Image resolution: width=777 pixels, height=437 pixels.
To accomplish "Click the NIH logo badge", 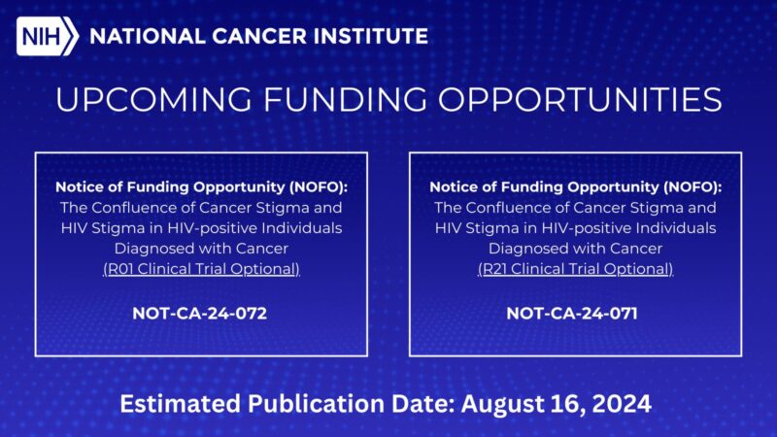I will pyautogui.click(x=47, y=37).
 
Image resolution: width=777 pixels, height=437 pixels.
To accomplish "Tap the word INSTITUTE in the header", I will pyautogui.click(x=374, y=37).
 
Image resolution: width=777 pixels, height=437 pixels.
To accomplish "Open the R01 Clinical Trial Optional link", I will pyautogui.click(x=201, y=268).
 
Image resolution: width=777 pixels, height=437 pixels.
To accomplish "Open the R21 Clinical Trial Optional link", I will pyautogui.click(x=575, y=268).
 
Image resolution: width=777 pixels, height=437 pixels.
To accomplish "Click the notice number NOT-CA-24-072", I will pyautogui.click(x=200, y=314).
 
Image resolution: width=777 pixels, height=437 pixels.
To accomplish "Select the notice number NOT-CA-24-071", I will pyautogui.click(x=574, y=314).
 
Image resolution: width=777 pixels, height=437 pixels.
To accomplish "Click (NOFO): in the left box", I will pyautogui.click(x=320, y=186).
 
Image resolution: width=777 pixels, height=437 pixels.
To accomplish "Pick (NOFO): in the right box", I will pyautogui.click(x=693, y=186).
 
